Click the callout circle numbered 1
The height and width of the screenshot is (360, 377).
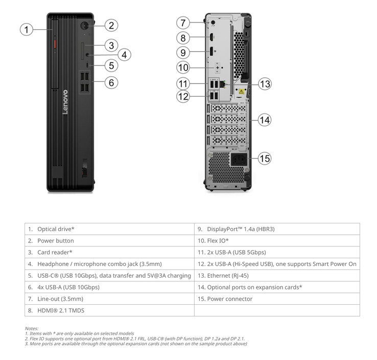pos(27,30)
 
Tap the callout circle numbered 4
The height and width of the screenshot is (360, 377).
pos(124,55)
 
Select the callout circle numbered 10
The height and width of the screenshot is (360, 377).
pos(183,67)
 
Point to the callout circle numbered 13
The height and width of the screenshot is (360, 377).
pos(265,84)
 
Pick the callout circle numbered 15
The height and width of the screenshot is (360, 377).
pos(265,159)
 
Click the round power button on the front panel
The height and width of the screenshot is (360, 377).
pos(84,26)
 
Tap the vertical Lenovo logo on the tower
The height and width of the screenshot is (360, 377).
pos(65,102)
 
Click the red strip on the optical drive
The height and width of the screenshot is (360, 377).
pos(55,44)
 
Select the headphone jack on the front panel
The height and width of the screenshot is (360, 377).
pos(87,55)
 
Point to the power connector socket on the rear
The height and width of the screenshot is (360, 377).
pos(239,160)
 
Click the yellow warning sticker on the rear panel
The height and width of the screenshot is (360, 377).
pos(241,92)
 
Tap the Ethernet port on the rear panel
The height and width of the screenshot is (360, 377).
pos(222,84)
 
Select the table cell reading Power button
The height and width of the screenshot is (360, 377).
pos(109,241)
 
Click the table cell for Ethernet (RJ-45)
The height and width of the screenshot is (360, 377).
pos(277,276)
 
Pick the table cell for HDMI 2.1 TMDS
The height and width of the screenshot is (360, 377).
pos(109,310)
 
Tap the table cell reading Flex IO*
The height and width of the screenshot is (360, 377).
pos(277,241)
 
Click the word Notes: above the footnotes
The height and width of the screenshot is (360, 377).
pos(32,328)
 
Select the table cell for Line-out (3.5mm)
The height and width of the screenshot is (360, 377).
pos(109,299)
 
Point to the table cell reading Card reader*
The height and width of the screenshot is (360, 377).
pos(109,252)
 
